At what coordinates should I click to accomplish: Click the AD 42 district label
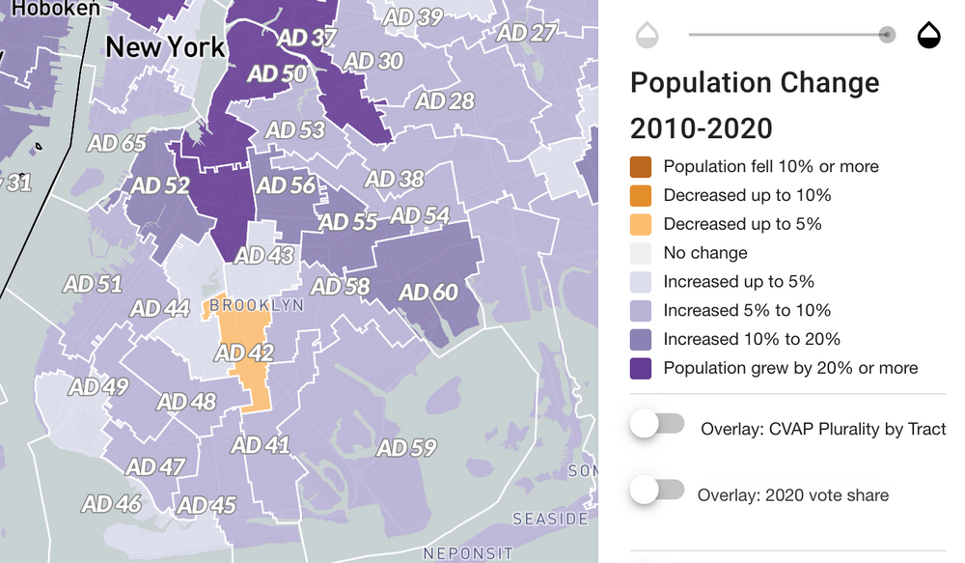(x=244, y=352)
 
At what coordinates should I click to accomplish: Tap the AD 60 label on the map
(x=428, y=292)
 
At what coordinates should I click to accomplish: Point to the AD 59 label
(x=406, y=448)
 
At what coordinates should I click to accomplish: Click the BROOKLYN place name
(x=257, y=305)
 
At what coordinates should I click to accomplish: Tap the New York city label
(x=165, y=46)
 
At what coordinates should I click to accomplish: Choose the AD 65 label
(x=117, y=144)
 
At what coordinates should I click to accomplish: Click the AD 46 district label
(x=111, y=503)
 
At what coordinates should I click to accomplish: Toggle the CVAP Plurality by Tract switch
(x=657, y=424)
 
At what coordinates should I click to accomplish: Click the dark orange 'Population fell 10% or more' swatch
(x=641, y=166)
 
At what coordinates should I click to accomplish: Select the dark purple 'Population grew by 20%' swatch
(x=641, y=368)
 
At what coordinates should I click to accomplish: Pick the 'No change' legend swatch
(x=641, y=253)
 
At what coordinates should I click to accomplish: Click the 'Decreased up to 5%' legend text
(x=742, y=224)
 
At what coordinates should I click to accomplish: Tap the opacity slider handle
(x=887, y=36)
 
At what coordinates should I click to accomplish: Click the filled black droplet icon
(x=928, y=36)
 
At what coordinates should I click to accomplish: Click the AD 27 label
(x=527, y=32)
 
